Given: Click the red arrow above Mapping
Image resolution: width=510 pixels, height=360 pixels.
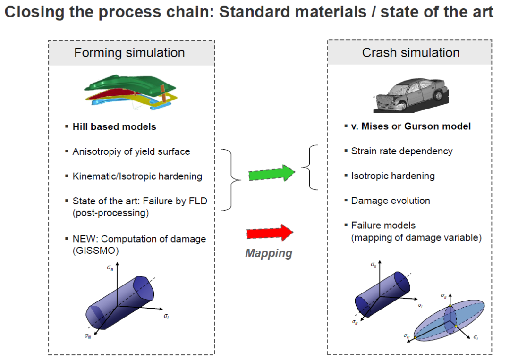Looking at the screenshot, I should [x=270, y=233].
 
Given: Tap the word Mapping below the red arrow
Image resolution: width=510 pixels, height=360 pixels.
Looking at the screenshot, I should [x=268, y=253].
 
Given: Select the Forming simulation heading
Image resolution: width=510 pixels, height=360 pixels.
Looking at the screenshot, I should [x=129, y=52].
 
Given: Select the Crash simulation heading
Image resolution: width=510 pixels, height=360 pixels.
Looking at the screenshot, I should [x=410, y=52].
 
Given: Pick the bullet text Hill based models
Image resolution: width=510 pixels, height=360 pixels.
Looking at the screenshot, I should [x=114, y=126].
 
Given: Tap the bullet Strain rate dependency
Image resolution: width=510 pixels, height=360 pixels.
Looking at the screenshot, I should [x=401, y=151].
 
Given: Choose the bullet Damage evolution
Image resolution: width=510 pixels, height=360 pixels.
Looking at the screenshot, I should [x=391, y=201].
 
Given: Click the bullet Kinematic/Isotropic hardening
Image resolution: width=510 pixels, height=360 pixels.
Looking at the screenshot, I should [x=137, y=176].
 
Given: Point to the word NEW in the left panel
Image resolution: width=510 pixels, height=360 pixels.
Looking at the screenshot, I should [x=83, y=239].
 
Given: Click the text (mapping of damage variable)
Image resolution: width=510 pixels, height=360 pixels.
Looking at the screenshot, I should [x=416, y=238].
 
